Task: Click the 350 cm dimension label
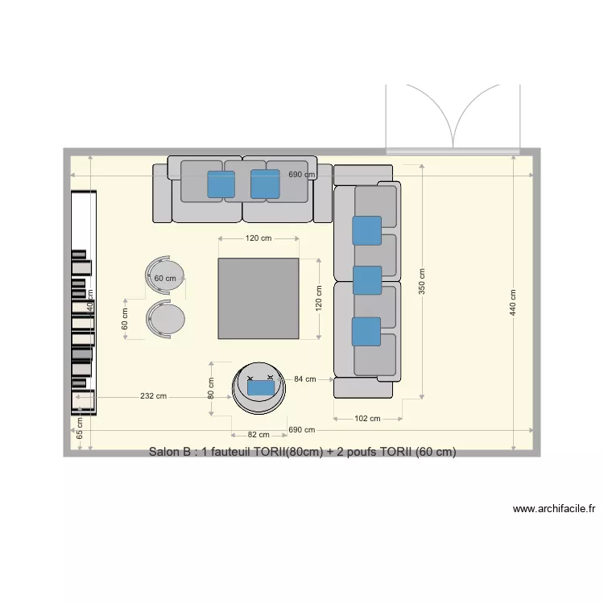pyautogui.click(x=422, y=281)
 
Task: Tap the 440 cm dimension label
pyautogui.click(x=513, y=301)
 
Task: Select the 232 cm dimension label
pyautogui.click(x=153, y=395)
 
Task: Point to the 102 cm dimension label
pyautogui.click(x=367, y=418)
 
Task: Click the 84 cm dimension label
pyautogui.click(x=304, y=379)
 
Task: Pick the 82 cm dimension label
pyautogui.click(x=259, y=435)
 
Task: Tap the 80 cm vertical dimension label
pyautogui.click(x=211, y=388)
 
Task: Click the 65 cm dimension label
pyautogui.click(x=80, y=428)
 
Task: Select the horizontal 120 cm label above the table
pyautogui.click(x=259, y=238)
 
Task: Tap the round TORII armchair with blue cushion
pyautogui.click(x=259, y=387)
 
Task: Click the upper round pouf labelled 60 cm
pyautogui.click(x=165, y=275)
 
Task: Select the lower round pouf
pyautogui.click(x=167, y=319)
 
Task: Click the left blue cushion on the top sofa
pyautogui.click(x=221, y=184)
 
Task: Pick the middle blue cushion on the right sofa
pyautogui.click(x=367, y=279)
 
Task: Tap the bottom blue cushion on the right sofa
pyautogui.click(x=366, y=331)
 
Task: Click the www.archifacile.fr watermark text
pyautogui.click(x=553, y=509)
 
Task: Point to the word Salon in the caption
pyautogui.click(x=166, y=452)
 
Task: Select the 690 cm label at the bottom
pyautogui.click(x=301, y=430)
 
